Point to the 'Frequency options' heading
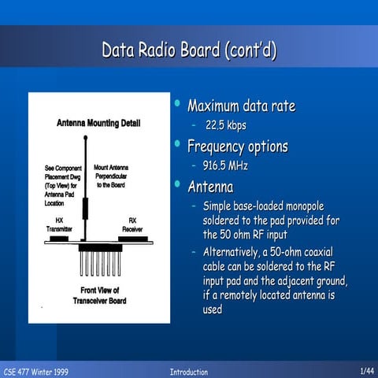pos(237,146)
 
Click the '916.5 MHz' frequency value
pos(226,166)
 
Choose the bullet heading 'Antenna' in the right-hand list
pos(210,187)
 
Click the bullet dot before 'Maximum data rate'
pos(177,104)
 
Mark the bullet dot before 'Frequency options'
pos(177,144)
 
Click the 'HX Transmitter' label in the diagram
pos(60,224)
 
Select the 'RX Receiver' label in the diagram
pos(132,224)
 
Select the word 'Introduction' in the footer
pos(189,371)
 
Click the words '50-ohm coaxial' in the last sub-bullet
pos(302,253)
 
